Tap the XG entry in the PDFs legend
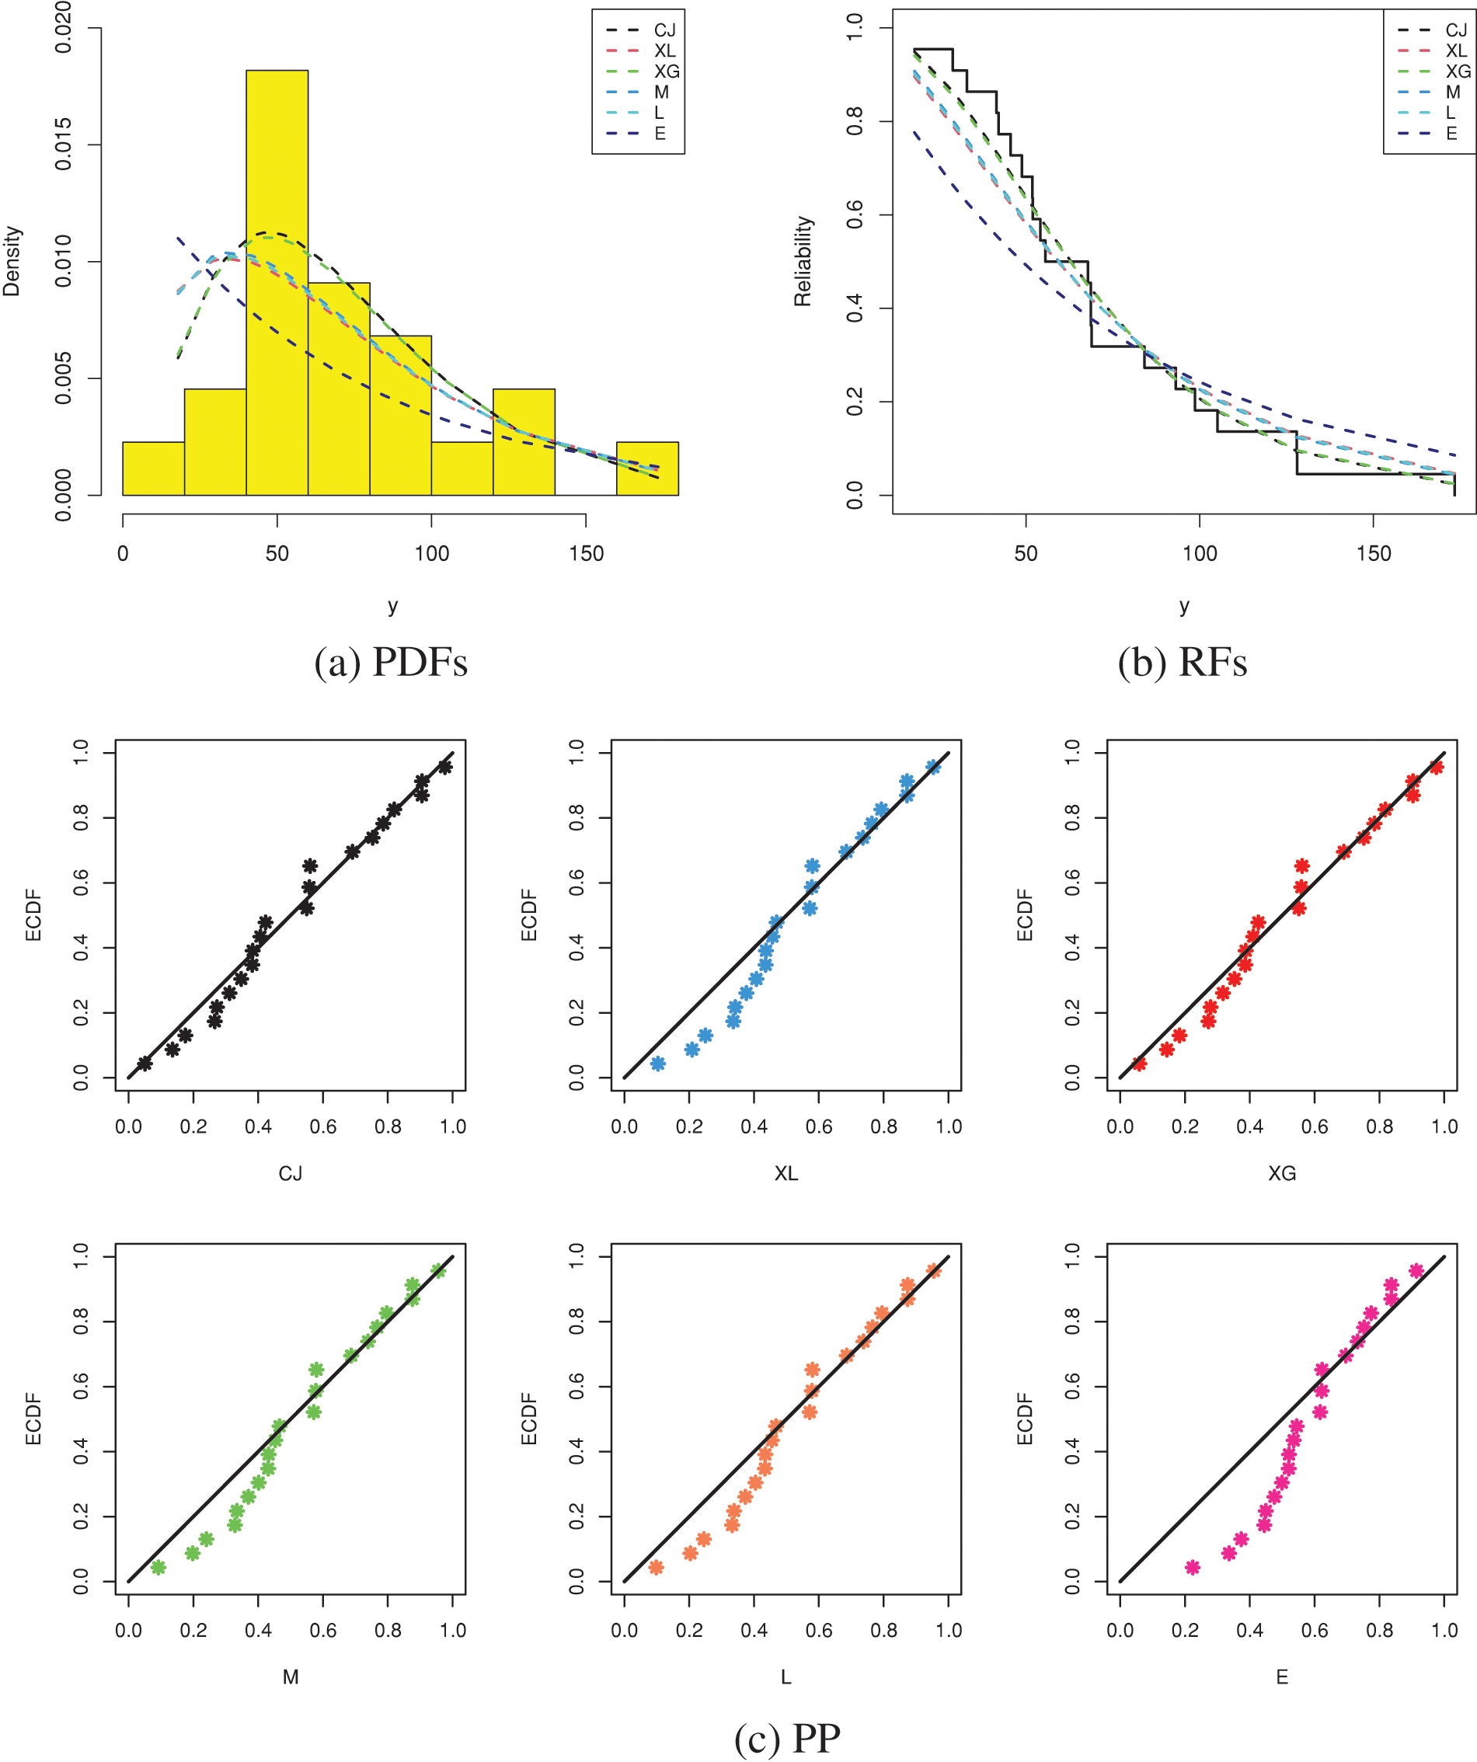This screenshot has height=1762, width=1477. click(667, 71)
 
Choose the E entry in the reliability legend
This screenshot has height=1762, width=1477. click(1451, 134)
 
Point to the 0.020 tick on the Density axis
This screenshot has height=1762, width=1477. click(64, 29)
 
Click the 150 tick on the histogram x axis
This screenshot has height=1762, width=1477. click(586, 554)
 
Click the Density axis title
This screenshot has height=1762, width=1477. click(12, 261)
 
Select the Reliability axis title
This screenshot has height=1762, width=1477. click(803, 261)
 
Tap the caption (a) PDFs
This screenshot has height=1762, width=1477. click(391, 662)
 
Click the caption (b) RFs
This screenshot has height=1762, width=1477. click(1182, 662)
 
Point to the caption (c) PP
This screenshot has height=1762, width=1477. click(787, 1739)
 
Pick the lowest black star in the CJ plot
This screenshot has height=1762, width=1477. click(145, 1063)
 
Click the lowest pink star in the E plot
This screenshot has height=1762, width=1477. click(1193, 1566)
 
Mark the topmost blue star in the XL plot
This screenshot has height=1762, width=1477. click(933, 766)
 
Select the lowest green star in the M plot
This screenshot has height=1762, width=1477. click(158, 1566)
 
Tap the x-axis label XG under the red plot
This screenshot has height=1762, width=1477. click(1281, 1173)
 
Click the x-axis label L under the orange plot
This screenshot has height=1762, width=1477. click(786, 1677)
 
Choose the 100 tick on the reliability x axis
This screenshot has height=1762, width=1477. click(1199, 554)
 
